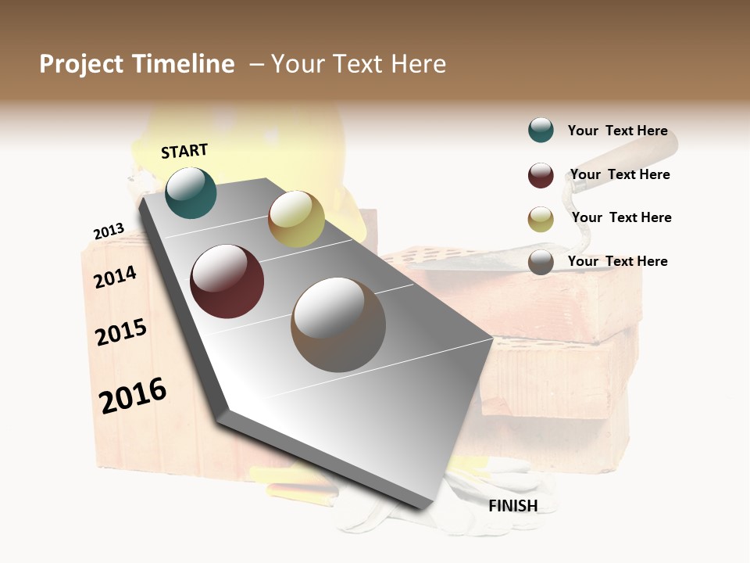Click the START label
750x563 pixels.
pos(184,151)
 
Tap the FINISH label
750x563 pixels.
pos(513,506)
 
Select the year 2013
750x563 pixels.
pos(109,231)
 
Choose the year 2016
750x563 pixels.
pos(133,395)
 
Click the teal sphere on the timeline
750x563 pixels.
pos(191,192)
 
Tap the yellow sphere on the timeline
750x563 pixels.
pos(296,219)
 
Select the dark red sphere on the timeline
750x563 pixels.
pos(227,281)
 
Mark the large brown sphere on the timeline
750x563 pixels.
pos(338,325)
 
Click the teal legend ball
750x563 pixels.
pos(541,130)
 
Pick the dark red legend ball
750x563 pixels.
pos(541,175)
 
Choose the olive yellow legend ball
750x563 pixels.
pos(541,219)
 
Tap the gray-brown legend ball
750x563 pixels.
pos(541,262)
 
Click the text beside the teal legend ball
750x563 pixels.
pos(617,131)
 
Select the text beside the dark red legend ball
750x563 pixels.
pos(620,174)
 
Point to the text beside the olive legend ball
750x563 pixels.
pos(621,217)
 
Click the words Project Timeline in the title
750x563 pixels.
pos(137,64)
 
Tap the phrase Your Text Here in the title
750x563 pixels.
pos(359,64)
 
